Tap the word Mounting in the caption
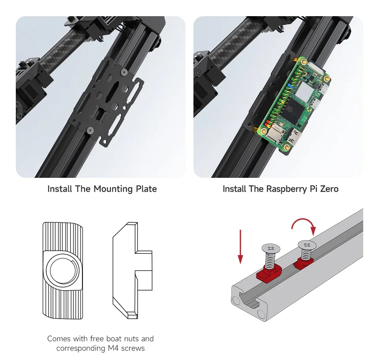click(113, 189)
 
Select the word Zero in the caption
click(329, 189)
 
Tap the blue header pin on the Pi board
click(290, 85)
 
